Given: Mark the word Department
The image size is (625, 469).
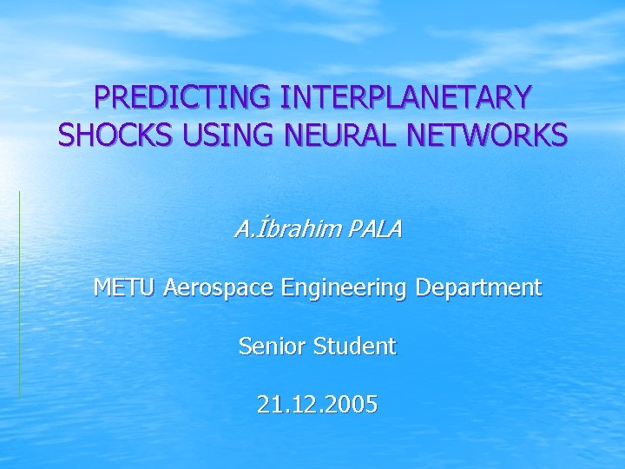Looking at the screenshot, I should [x=479, y=287].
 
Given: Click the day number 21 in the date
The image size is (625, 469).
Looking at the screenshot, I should [x=269, y=404].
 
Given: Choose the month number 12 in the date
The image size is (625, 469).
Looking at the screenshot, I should [x=304, y=404].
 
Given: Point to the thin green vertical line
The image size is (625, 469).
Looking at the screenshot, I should [x=19, y=295].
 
